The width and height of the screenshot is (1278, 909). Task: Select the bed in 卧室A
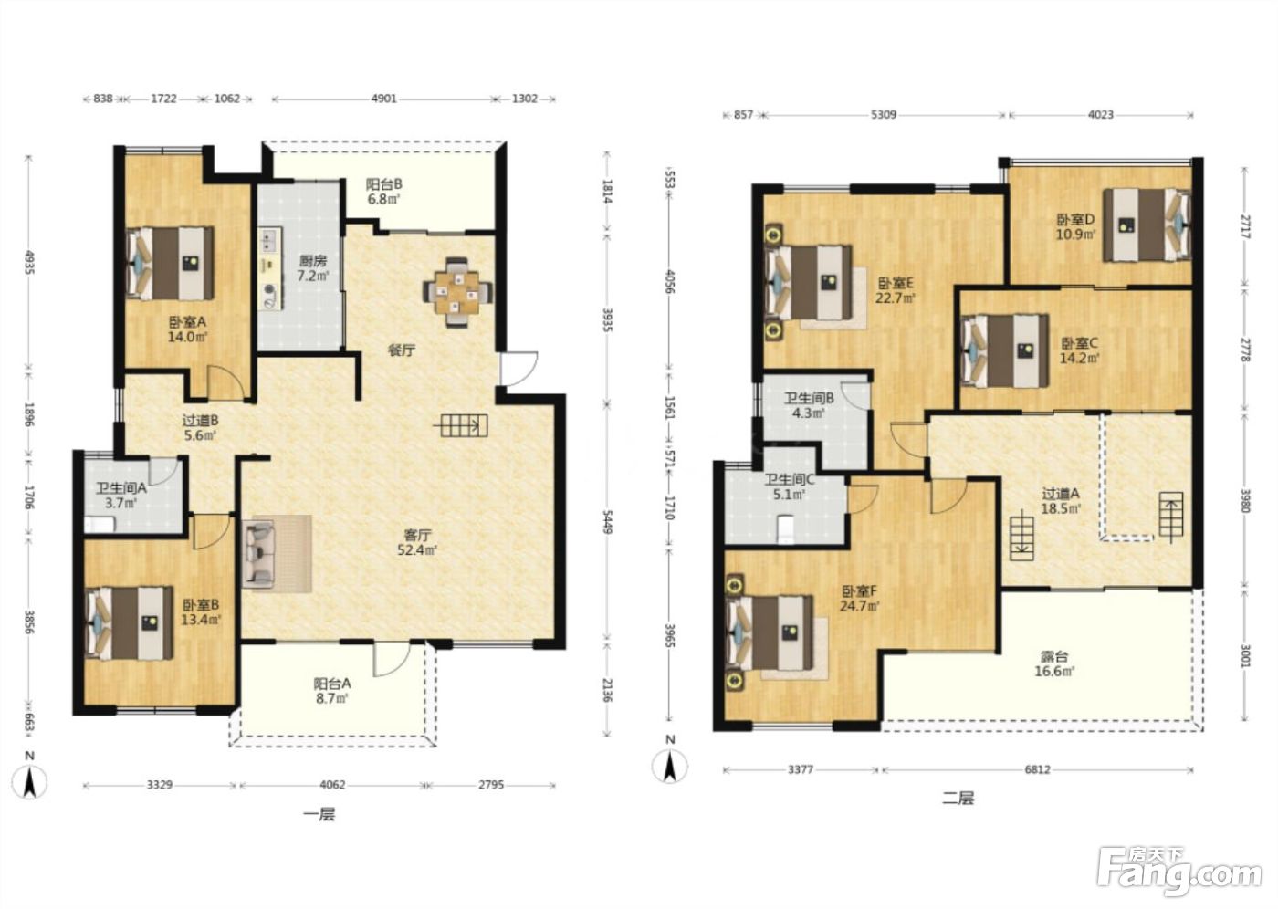170,263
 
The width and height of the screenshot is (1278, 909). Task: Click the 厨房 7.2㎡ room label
313,268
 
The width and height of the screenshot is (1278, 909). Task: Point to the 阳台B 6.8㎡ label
383,192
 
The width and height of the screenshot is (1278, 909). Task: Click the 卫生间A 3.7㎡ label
120,496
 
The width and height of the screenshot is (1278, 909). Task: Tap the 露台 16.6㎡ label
1054,664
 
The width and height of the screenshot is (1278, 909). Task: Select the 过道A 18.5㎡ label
1061,501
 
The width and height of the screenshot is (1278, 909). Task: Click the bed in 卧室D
1147,225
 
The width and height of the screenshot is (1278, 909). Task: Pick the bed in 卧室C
1005,350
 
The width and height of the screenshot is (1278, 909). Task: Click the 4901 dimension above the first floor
384,99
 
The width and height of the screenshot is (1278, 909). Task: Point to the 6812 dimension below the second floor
1037,770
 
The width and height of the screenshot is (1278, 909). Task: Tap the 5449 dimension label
607,521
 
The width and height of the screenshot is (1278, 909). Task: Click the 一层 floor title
319,814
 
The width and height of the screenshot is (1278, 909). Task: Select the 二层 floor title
958,799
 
